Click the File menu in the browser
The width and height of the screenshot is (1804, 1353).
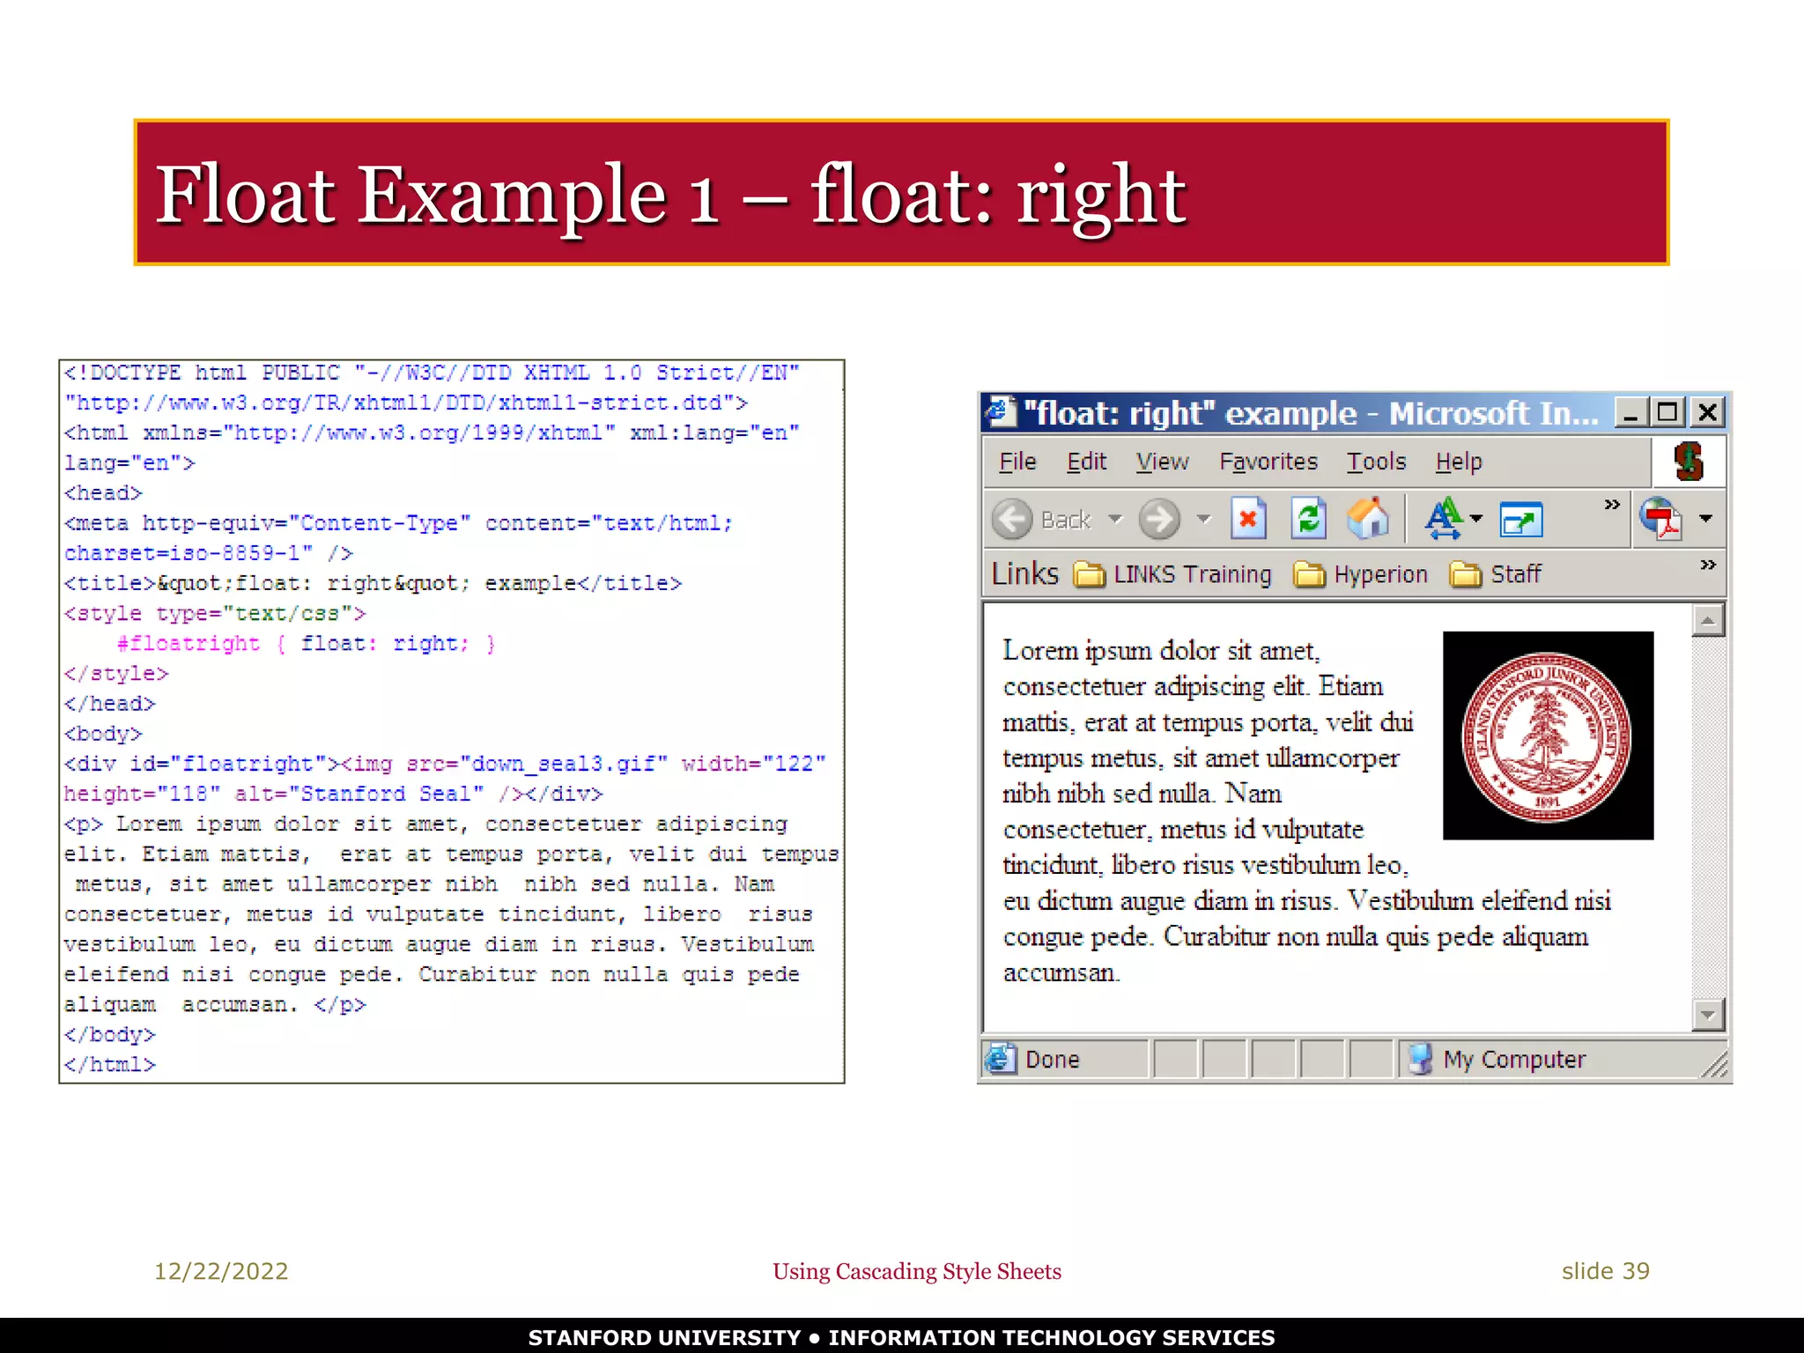coord(1017,462)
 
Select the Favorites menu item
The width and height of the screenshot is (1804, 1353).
coord(1268,462)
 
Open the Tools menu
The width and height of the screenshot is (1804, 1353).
coord(1376,462)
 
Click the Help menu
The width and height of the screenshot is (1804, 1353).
coord(1459,462)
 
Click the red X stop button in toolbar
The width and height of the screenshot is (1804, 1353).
coord(1248,519)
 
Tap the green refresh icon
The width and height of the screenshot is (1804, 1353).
coord(1309,519)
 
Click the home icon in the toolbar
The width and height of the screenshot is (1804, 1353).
coord(1368,519)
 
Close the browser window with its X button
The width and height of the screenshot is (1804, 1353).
coord(1707,412)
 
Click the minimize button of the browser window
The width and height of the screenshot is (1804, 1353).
coord(1630,412)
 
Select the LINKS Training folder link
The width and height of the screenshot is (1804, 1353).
coord(1173,574)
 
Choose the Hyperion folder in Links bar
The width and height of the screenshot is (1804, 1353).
coord(1361,574)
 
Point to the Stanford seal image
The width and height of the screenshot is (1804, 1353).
coord(1548,736)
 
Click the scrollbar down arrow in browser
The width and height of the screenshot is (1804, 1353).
coord(1708,1015)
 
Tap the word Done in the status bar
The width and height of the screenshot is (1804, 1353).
coord(1052,1059)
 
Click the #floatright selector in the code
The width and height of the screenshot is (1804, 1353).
coord(189,644)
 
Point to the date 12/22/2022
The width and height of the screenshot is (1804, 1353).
coord(221,1271)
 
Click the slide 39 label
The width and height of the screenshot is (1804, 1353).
coord(1605,1271)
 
